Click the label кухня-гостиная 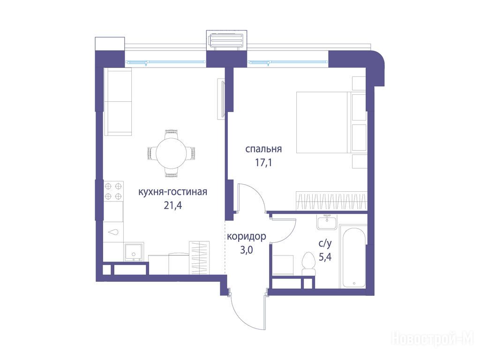pos(172,192)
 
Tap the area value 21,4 pos(172,205)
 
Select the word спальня pos(263,150)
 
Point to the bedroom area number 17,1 pos(263,163)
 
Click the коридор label pos(247,237)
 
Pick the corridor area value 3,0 pos(247,250)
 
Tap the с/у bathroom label pos(325,244)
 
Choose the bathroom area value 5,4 pos(325,257)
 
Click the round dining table pos(171,153)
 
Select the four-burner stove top pos(113,191)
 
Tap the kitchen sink pos(134,253)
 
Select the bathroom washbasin pos(327,222)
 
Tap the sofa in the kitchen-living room pos(118,102)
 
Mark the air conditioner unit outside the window pos(226,41)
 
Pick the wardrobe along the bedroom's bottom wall pos(331,201)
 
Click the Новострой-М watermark pos(432,338)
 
